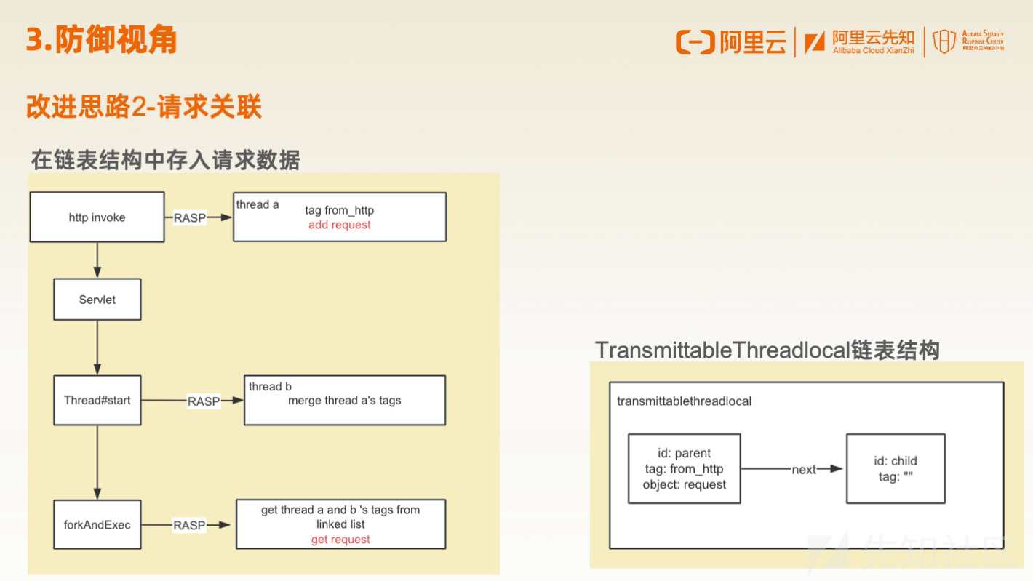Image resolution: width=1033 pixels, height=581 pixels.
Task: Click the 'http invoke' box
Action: (97, 217)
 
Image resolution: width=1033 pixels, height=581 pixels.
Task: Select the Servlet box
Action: (97, 300)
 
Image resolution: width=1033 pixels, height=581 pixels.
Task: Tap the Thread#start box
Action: (97, 400)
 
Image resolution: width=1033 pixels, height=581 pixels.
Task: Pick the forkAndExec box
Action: (97, 525)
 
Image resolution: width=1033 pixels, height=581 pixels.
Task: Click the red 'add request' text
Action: (340, 225)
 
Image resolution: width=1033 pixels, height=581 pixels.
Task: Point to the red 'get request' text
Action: (340, 540)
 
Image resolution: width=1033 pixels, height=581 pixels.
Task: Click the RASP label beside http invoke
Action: (190, 217)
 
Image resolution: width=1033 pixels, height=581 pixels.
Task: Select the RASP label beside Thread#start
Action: (204, 401)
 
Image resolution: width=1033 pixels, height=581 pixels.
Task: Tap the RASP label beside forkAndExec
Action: (189, 525)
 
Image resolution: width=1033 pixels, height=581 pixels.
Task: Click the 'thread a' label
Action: (258, 204)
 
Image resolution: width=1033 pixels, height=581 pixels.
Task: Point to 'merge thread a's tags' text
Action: (345, 400)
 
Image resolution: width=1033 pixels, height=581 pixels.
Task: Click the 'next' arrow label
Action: (804, 470)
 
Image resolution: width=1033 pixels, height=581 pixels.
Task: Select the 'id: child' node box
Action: (896, 468)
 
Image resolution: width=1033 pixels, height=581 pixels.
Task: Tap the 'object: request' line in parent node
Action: (685, 484)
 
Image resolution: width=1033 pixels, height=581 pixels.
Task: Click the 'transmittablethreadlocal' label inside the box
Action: (684, 401)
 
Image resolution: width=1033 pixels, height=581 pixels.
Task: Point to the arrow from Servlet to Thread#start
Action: (97, 348)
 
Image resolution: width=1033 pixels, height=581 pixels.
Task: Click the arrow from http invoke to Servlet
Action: (97, 260)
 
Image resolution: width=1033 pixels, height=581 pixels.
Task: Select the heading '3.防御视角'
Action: (101, 39)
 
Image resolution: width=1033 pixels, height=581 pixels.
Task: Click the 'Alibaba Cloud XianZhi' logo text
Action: (873, 51)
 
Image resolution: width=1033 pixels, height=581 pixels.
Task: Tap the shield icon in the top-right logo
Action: (944, 41)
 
